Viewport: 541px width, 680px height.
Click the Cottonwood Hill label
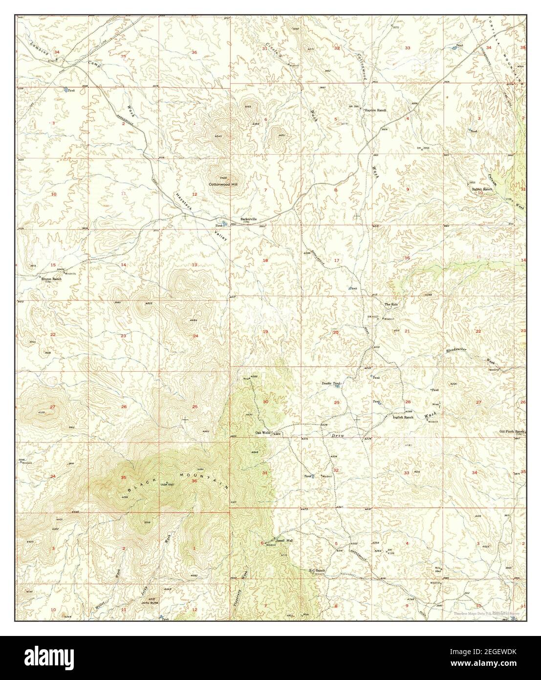pyautogui.click(x=222, y=184)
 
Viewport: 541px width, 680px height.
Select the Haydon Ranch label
pyautogui.click(x=375, y=111)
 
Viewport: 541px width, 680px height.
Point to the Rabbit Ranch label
pyautogui.click(x=481, y=189)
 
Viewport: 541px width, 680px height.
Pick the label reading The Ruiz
pyautogui.click(x=391, y=304)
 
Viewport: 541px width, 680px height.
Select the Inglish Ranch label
pyautogui.click(x=403, y=417)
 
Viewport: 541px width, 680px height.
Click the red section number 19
pyautogui.click(x=265, y=332)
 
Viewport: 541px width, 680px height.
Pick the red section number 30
pyautogui.click(x=265, y=402)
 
